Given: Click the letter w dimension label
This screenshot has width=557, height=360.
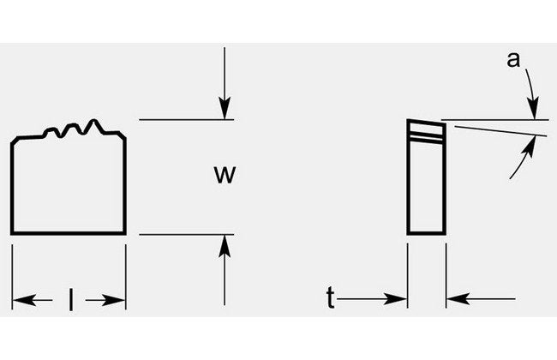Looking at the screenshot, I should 225,175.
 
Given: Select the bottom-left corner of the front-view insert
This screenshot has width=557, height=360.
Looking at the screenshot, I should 12,233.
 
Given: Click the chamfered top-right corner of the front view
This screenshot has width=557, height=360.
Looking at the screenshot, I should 123,137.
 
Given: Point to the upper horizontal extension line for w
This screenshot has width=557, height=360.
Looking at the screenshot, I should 180,121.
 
